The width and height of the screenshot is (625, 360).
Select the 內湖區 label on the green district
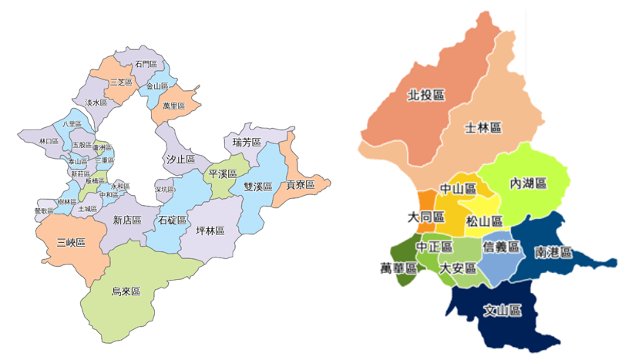529,183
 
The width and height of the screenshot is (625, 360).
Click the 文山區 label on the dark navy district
502,311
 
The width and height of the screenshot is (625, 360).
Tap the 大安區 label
459,269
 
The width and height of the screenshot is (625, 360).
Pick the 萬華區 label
398,268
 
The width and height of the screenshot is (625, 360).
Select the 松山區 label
485,221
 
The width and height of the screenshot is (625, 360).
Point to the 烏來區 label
126,291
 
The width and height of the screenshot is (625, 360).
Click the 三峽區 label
71,243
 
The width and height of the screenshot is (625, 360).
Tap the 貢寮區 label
301,185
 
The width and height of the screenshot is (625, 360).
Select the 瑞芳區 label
247,143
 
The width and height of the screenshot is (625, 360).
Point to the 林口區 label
48,142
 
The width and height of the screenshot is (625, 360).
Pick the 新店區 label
127,220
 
